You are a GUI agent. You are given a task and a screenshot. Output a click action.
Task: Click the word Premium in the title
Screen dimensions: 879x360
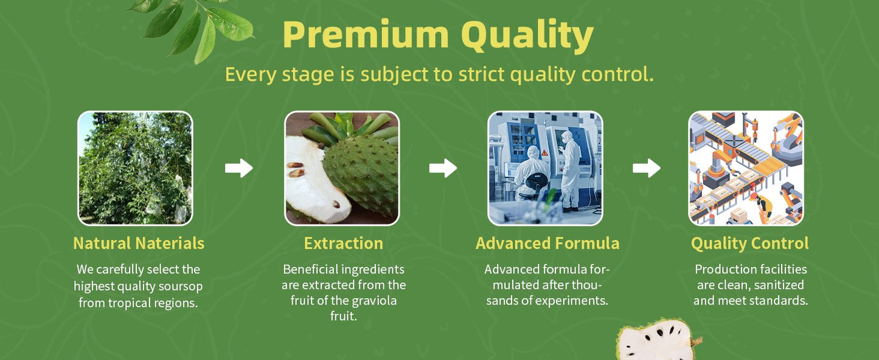(x=366, y=35)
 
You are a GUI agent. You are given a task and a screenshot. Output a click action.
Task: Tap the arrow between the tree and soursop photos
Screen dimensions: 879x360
(x=238, y=168)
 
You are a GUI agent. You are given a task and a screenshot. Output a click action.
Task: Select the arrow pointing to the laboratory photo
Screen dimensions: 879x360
(x=443, y=168)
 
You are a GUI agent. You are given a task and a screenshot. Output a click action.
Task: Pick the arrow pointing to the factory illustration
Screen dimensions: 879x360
(x=646, y=168)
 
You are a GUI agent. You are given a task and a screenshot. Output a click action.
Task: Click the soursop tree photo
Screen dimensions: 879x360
(x=136, y=168)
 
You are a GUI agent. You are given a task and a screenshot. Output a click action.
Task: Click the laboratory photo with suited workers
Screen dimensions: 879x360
(x=545, y=168)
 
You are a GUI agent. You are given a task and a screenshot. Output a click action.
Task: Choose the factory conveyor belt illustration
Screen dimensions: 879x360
(x=746, y=168)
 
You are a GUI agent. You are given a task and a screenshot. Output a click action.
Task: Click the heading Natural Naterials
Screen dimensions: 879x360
(x=139, y=243)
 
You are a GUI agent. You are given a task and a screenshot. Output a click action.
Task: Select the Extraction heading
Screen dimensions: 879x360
(x=343, y=243)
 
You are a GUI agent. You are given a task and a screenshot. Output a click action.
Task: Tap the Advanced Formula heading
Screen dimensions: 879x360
(x=547, y=243)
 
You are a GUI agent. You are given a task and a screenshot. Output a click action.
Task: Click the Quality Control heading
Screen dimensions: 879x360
(x=750, y=244)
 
